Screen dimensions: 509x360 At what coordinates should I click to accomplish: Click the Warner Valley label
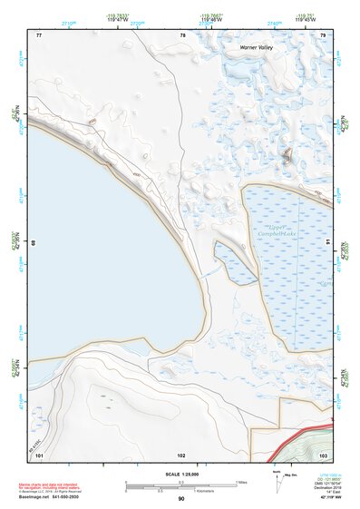(257, 46)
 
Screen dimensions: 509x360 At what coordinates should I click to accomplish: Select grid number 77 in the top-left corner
(39, 34)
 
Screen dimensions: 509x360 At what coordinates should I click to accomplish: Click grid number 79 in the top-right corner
(323, 34)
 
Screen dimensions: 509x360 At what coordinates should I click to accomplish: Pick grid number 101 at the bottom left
(39, 454)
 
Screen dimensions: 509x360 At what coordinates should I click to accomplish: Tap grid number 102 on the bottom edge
(181, 454)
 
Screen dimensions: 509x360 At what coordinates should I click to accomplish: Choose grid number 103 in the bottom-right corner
(323, 454)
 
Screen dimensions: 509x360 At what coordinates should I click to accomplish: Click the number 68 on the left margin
(34, 243)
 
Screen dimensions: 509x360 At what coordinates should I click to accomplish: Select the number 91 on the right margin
(327, 243)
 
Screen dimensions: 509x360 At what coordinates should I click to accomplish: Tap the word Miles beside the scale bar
(241, 482)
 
